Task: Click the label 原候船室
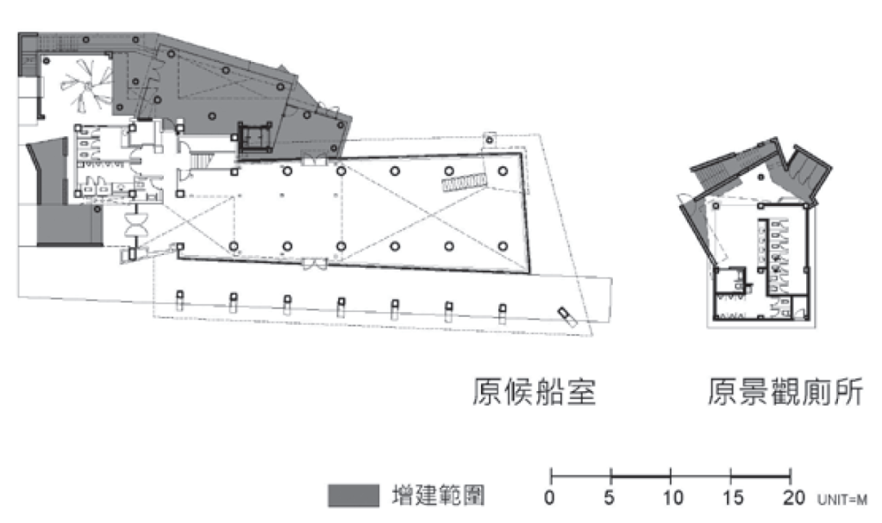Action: point(534,391)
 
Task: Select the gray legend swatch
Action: point(353,496)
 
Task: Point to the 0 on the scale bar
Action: point(550,498)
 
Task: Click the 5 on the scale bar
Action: point(610,498)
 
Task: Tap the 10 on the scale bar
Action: point(672,498)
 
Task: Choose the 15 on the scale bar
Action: point(731,498)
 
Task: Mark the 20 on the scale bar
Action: point(791,498)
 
